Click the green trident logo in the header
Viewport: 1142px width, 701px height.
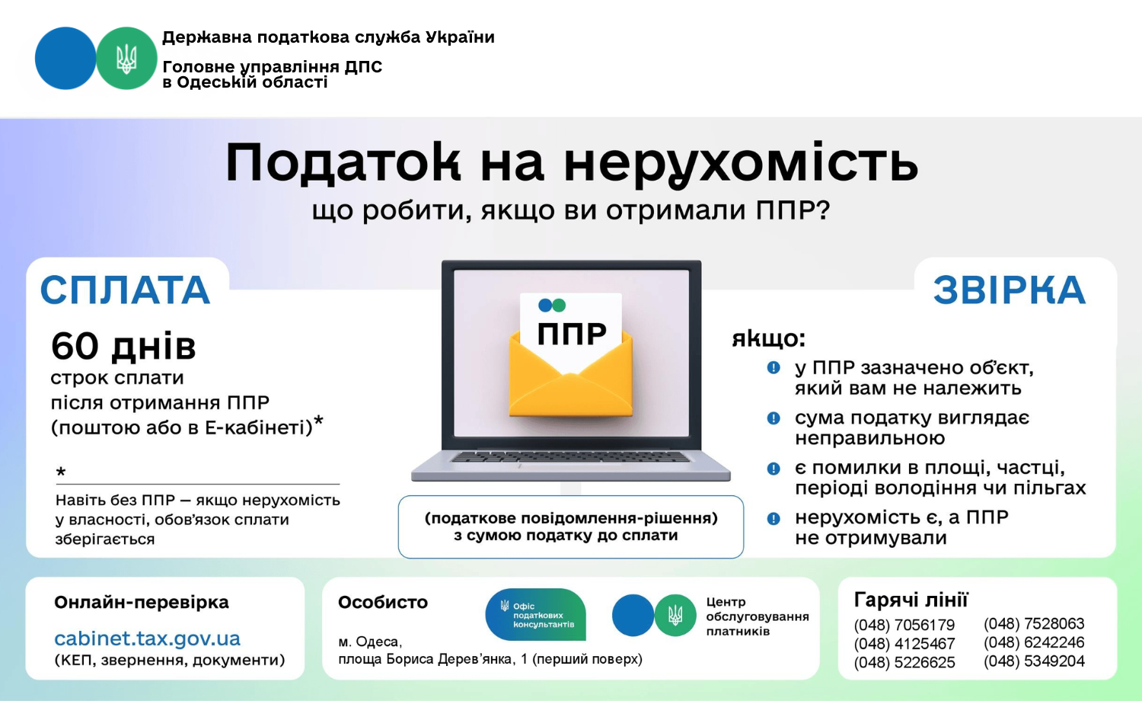point(126,58)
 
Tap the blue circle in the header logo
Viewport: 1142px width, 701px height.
point(65,58)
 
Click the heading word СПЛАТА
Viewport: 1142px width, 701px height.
point(126,290)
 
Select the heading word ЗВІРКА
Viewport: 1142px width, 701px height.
point(1010,290)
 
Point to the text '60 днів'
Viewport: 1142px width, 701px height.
point(123,347)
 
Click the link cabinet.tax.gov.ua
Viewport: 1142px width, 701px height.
point(148,639)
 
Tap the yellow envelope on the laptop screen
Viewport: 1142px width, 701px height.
point(571,375)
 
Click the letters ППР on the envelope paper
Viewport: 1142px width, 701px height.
point(572,334)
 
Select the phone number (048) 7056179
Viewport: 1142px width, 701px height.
point(904,625)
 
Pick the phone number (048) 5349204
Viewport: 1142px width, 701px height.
point(1034,661)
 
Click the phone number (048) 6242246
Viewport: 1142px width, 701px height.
point(1034,642)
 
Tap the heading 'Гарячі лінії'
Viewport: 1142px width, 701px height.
point(911,600)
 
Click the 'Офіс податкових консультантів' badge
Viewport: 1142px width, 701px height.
point(535,614)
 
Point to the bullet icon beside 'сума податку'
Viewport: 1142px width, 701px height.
point(774,418)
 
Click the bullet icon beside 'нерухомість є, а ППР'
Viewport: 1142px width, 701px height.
point(774,519)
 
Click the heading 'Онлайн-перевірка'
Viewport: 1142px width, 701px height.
point(142,603)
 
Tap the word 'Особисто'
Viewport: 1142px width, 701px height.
point(383,603)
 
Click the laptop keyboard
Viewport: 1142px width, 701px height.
point(571,456)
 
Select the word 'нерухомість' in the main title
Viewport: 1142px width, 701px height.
point(742,163)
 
